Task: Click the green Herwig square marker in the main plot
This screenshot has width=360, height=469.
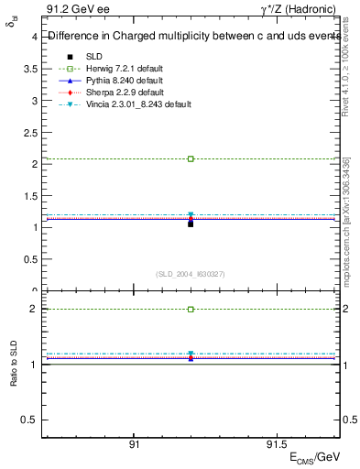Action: [191, 158]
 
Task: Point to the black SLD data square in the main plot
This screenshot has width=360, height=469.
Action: [191, 224]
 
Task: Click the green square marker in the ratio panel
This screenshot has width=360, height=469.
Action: [191, 310]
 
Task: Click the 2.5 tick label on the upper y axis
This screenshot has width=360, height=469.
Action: [30, 132]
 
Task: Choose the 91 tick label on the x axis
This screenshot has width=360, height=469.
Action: [135, 444]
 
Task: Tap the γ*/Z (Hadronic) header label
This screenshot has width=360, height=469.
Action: [302, 10]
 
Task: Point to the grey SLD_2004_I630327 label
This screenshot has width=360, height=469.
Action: [191, 274]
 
